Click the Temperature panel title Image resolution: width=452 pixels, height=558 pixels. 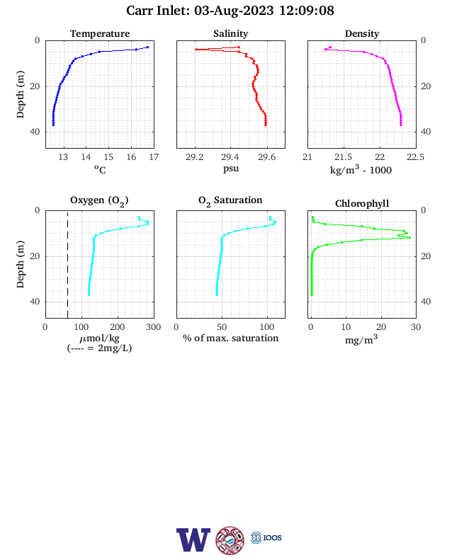click(x=100, y=33)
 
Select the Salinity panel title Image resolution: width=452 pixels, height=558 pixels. click(x=231, y=33)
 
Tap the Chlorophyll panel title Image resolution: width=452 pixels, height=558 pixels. click(x=362, y=203)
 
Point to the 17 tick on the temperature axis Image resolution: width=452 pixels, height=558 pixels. click(x=154, y=157)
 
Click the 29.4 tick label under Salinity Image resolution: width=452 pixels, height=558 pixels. click(x=230, y=157)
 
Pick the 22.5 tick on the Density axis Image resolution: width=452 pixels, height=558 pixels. click(x=415, y=157)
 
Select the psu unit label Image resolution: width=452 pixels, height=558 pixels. click(x=231, y=169)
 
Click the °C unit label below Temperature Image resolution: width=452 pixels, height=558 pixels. click(x=100, y=169)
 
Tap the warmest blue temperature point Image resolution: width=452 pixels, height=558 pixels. click(x=147, y=47)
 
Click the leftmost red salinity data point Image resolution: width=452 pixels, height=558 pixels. click(x=196, y=50)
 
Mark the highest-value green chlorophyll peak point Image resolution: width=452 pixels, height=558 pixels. click(x=409, y=237)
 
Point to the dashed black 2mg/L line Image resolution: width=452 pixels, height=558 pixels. click(x=67, y=264)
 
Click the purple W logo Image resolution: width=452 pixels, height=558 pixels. click(x=193, y=540)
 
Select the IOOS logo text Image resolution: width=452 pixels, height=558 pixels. click(x=272, y=537)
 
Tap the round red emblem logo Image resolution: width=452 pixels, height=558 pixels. click(x=230, y=540)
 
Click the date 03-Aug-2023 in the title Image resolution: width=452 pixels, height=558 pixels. click(x=234, y=11)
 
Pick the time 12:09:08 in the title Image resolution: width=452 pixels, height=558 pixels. click(x=307, y=11)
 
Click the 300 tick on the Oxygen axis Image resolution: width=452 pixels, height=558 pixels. click(x=154, y=327)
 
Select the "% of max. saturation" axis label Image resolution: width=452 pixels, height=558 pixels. click(x=231, y=338)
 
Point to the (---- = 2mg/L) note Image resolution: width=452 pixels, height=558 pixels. click(x=99, y=348)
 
